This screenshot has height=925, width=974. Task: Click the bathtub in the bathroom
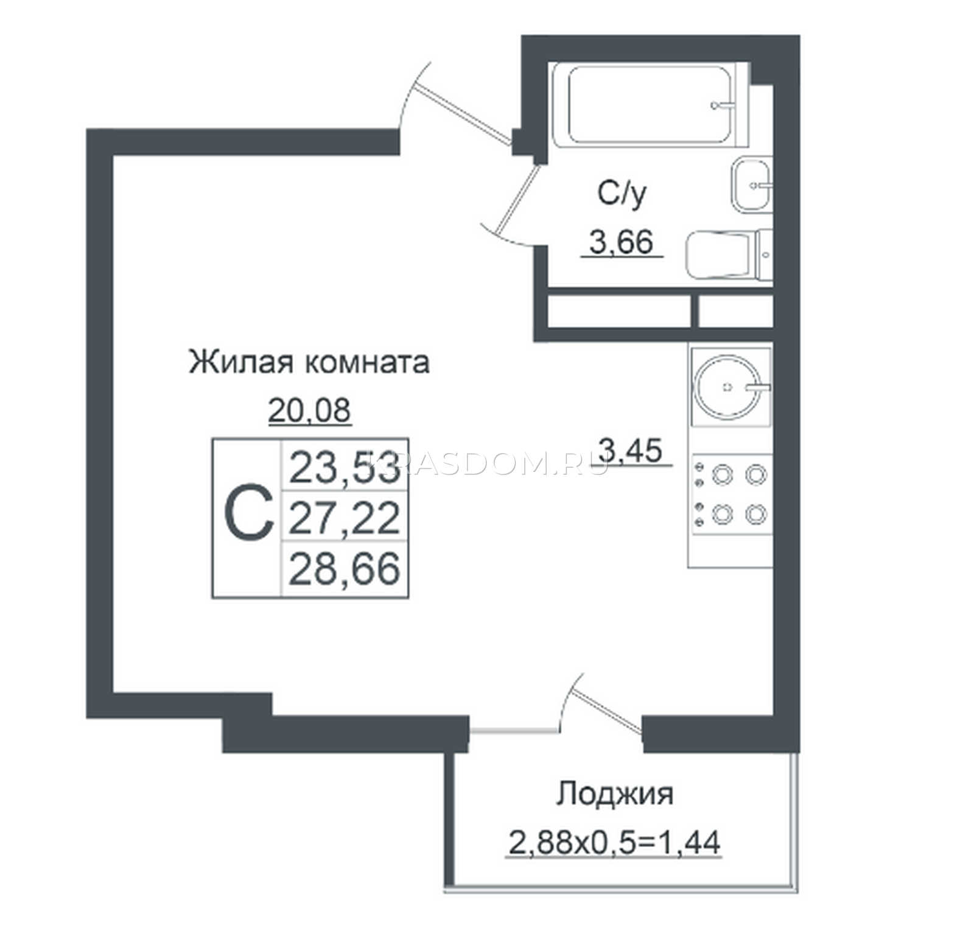[650, 104]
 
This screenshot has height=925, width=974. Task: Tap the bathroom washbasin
[751, 185]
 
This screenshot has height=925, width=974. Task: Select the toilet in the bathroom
[729, 255]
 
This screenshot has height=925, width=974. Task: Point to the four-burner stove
[731, 494]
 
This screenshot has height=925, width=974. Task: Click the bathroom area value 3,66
[622, 243]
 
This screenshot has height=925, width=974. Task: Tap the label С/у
[622, 194]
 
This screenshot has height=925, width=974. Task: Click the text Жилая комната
[309, 362]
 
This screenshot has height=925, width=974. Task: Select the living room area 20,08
[309, 410]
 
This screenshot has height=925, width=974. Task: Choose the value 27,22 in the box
[344, 518]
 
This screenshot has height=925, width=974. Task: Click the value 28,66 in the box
[344, 568]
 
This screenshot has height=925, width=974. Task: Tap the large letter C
[248, 512]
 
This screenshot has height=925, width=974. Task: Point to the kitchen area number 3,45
[630, 451]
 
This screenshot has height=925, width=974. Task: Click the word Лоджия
[615, 795]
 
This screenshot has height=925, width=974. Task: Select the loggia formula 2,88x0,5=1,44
[614, 843]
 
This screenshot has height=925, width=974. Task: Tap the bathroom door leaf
[518, 199]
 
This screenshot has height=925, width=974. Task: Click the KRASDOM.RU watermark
[487, 466]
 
